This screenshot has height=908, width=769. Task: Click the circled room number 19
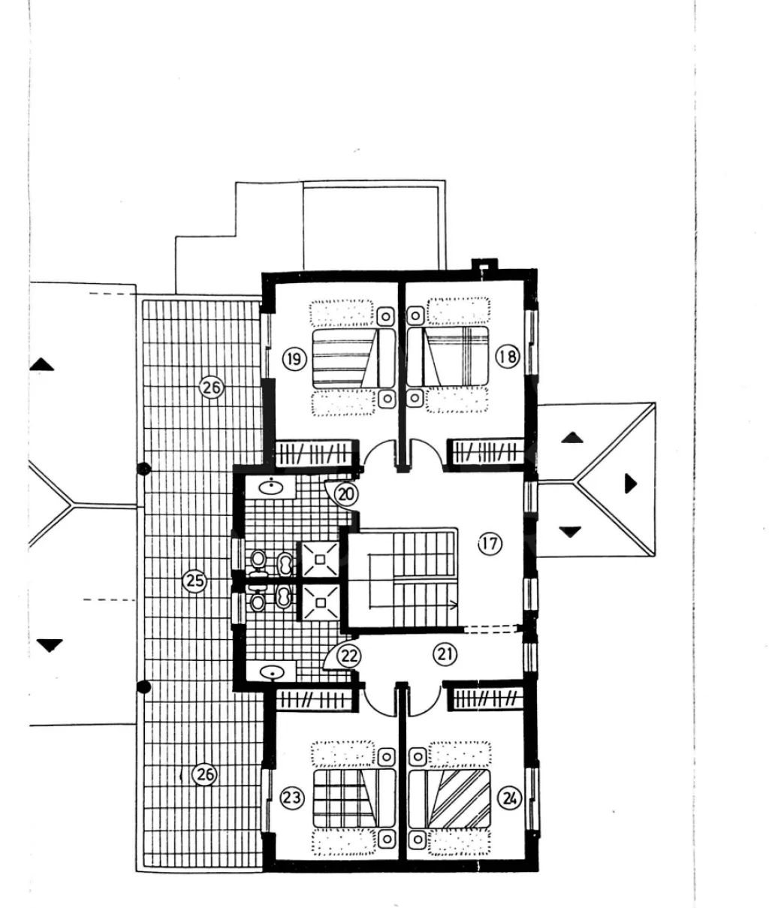tap(294, 359)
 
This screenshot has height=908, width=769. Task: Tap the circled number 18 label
tap(507, 356)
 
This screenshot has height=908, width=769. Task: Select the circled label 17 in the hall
tap(490, 544)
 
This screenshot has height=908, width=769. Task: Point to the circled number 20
tap(346, 494)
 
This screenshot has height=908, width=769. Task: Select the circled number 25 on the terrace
tap(195, 581)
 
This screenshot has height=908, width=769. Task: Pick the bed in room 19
tap(354, 358)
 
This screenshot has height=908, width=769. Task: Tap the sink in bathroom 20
tap(271, 487)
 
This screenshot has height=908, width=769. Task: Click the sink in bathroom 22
tap(271, 672)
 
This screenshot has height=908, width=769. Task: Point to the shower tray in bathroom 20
tap(320, 559)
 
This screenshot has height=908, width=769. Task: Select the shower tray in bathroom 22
tap(320, 602)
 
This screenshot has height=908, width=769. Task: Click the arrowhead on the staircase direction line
tap(454, 605)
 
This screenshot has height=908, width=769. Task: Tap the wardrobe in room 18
tap(486, 452)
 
